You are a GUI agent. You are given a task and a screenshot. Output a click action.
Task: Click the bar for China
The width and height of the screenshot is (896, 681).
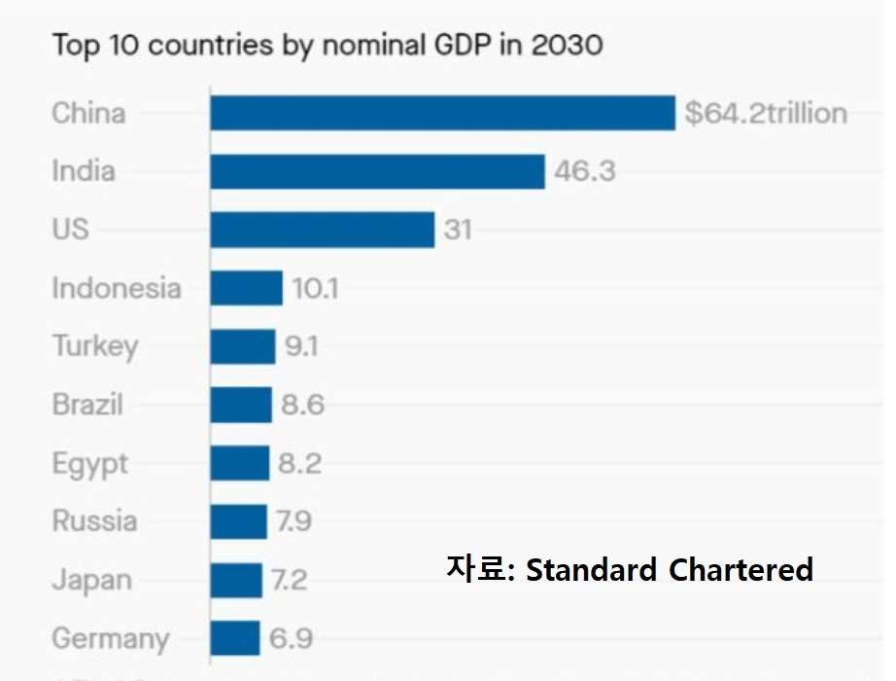tap(442, 113)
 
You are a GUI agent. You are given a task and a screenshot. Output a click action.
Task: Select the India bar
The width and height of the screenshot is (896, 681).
tap(377, 171)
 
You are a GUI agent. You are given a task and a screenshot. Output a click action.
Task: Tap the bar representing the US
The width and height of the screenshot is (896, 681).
tap(322, 230)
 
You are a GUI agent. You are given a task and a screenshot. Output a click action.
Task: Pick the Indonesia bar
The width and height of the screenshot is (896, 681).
tap(246, 288)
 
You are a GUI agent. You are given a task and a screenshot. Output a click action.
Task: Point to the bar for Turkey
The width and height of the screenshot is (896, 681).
tap(242, 346)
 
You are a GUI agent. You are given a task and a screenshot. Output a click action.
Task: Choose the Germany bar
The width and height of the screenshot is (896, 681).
tap(234, 638)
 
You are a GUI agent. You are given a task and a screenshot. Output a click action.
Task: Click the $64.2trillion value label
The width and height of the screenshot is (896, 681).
tap(766, 114)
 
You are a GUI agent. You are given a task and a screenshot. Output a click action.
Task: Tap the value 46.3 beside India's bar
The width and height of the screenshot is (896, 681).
tap(584, 172)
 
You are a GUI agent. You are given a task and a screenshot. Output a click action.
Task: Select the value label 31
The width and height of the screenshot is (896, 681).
tap(458, 231)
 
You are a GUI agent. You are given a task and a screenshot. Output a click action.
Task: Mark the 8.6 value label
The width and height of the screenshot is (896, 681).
tap(302, 405)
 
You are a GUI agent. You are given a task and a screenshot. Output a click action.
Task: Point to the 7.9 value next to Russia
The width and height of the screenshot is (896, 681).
tap(293, 521)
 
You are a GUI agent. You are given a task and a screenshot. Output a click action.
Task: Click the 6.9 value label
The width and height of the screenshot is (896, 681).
tap(291, 639)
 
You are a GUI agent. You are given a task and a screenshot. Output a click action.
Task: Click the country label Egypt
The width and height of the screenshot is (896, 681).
tap(90, 464)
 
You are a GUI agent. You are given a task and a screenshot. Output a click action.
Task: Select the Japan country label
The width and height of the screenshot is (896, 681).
tap(91, 581)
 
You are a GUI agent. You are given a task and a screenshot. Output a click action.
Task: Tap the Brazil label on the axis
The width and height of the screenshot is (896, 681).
tap(87, 405)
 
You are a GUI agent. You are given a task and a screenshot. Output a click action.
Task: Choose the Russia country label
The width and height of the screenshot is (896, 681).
tap(94, 521)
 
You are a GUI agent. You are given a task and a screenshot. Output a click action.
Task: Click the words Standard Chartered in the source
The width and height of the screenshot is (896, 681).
tap(669, 569)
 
